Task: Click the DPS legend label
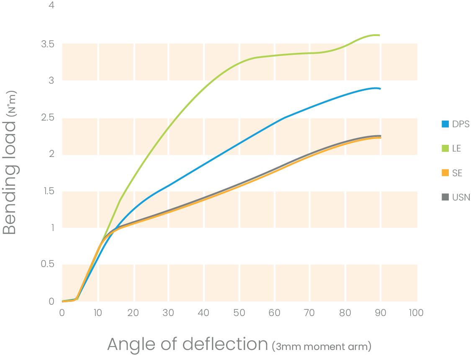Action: point(461,124)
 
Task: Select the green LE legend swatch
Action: point(445,149)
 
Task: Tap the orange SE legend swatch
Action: point(445,173)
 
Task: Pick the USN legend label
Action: point(461,197)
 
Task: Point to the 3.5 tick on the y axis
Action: point(48,44)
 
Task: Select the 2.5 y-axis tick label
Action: point(48,118)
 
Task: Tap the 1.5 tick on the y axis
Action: point(48,191)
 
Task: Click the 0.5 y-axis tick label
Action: point(48,265)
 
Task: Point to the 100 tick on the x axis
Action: point(416,313)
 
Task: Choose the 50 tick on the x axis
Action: point(239,313)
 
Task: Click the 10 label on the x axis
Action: point(98,313)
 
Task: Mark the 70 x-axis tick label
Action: point(310,313)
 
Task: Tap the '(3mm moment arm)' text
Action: point(322,347)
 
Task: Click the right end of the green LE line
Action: point(379,36)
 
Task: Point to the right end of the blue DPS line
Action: point(380,89)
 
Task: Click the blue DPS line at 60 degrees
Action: point(274,123)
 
